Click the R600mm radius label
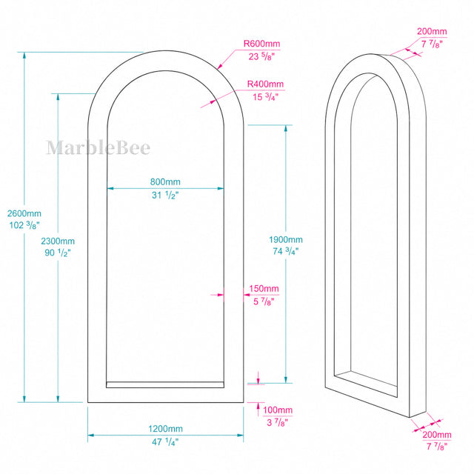261,44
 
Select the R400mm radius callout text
265,84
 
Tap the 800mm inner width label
165,181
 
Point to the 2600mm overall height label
24,213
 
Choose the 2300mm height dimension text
58,241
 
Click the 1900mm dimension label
286,240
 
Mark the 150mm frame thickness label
264,288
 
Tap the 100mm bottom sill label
278,410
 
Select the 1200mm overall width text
165,429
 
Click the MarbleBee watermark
99,148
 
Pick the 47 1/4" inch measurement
165,441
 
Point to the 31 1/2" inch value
165,195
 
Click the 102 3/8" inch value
24,225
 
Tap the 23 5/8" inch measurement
261,56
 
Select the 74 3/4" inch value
286,251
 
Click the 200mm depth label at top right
432,31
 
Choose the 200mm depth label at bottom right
437,435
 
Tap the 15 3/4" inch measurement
265,97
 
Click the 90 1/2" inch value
58,253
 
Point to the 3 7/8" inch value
278,422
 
